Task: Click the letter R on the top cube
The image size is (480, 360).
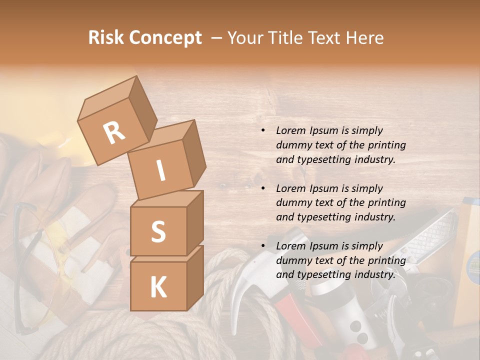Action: click(x=114, y=132)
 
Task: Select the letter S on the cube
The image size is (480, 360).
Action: click(x=158, y=231)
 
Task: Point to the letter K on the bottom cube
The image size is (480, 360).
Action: click(x=158, y=287)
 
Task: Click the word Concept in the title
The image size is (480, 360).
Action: click(x=166, y=38)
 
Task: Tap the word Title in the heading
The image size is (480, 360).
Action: click(x=287, y=38)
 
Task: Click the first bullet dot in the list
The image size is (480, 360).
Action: click(x=263, y=131)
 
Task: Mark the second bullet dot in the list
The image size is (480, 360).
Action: click(x=263, y=189)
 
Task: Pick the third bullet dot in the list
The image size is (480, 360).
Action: click(x=263, y=246)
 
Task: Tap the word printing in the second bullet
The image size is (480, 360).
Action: click(x=387, y=203)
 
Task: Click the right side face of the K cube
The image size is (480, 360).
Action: click(x=195, y=277)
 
